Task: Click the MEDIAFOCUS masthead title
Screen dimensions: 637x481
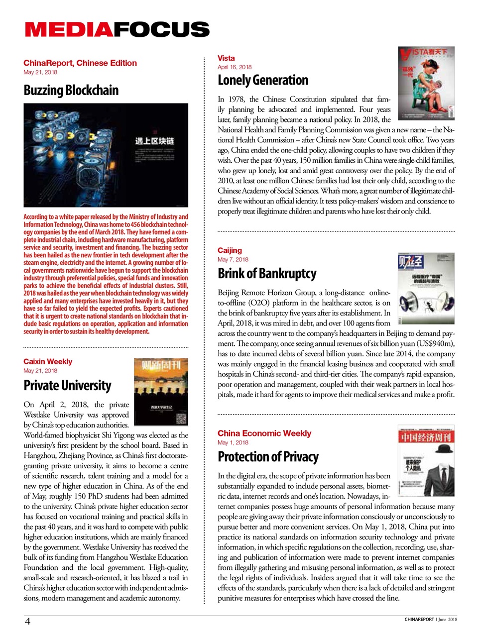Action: [x=117, y=30]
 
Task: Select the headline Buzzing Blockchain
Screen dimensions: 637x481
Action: [x=71, y=91]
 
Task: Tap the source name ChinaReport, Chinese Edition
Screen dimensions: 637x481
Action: [x=80, y=63]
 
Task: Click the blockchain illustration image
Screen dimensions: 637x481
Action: [x=106, y=155]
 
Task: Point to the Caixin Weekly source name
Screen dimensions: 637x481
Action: [x=48, y=362]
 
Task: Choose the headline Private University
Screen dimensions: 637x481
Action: [x=67, y=386]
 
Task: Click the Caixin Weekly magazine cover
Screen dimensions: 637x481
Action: [x=161, y=392]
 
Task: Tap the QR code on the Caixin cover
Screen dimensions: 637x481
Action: [x=181, y=418]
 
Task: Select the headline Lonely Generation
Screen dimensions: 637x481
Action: [x=263, y=80]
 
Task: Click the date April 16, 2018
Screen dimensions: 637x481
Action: [x=235, y=67]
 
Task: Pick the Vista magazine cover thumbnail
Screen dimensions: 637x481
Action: [x=426, y=83]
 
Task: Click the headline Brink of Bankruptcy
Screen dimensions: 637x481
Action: [x=267, y=274]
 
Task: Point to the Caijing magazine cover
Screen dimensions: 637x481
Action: [x=426, y=289]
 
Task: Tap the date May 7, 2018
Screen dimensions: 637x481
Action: [x=233, y=260]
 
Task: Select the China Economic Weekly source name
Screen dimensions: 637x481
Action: [x=264, y=433]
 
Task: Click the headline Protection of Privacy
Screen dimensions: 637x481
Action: [x=268, y=457]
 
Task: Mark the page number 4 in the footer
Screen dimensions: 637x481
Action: [x=28, y=621]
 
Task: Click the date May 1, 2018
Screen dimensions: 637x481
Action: [x=233, y=443]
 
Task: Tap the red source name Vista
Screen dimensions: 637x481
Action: [x=226, y=58]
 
